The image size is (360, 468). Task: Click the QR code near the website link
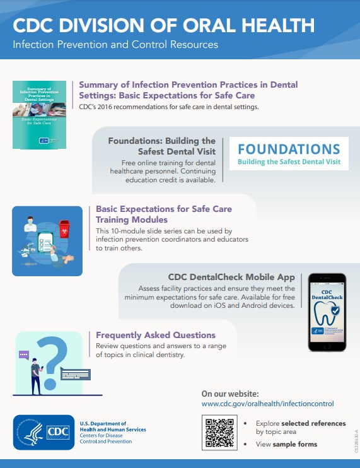click(218, 433)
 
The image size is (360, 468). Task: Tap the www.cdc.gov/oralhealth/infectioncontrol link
click(267, 404)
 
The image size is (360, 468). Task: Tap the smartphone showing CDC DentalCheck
click(327, 312)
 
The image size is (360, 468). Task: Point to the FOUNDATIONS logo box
click(288, 154)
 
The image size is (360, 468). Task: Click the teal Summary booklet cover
click(39, 114)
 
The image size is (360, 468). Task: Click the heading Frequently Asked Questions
click(156, 335)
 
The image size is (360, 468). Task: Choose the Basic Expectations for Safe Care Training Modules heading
click(163, 214)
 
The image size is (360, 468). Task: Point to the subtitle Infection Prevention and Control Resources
click(115, 45)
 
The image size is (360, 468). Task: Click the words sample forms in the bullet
click(299, 444)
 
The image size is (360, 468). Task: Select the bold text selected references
click(313, 423)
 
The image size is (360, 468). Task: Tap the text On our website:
click(229, 393)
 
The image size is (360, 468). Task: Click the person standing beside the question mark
click(37, 375)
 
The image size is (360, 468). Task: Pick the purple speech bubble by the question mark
click(24, 355)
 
